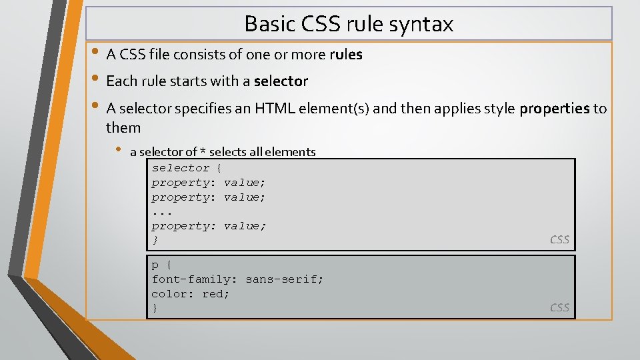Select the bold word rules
point(346,55)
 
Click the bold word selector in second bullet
point(281,81)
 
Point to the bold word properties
point(555,108)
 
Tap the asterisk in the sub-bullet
point(201,152)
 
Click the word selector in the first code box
point(181,168)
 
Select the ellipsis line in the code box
point(162,212)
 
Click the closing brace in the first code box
point(155,240)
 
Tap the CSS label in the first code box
point(559,240)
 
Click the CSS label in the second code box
point(559,307)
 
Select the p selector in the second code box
point(155,265)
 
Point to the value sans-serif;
point(284,279)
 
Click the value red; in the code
point(216,294)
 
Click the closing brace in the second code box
point(155,308)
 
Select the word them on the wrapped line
point(123,127)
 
